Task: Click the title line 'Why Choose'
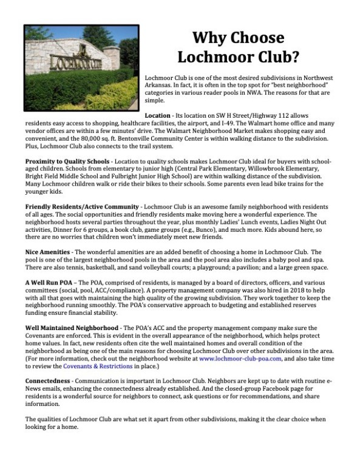238,38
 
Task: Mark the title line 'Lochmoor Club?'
238,58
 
